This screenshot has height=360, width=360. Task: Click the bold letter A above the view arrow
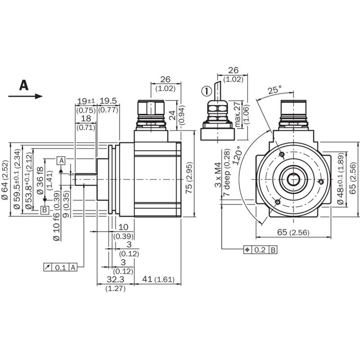tap(24, 85)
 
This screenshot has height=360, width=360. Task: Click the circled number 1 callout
tap(207, 91)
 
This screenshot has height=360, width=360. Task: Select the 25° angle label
tap(275, 90)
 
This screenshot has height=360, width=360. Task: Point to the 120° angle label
tap(238, 155)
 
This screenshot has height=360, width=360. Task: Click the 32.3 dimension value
tap(116, 279)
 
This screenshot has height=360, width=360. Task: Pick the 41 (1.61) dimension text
tap(158, 279)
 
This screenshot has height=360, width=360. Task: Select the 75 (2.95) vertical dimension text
tap(189, 178)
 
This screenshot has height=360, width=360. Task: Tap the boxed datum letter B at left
tap(45, 210)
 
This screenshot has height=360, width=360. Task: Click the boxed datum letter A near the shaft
tap(61, 161)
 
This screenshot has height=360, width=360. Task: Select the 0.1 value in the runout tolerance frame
tap(61, 267)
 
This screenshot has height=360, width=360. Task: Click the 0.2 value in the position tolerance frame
tap(260, 250)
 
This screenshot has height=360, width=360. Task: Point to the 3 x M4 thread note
tap(218, 175)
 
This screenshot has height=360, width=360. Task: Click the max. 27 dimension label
tap(238, 114)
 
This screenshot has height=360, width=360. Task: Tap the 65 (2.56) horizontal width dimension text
tap(293, 232)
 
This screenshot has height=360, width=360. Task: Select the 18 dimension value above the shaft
tap(86, 118)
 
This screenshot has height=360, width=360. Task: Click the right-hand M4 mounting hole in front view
tap(321, 182)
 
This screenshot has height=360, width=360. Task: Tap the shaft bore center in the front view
tap(293, 179)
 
